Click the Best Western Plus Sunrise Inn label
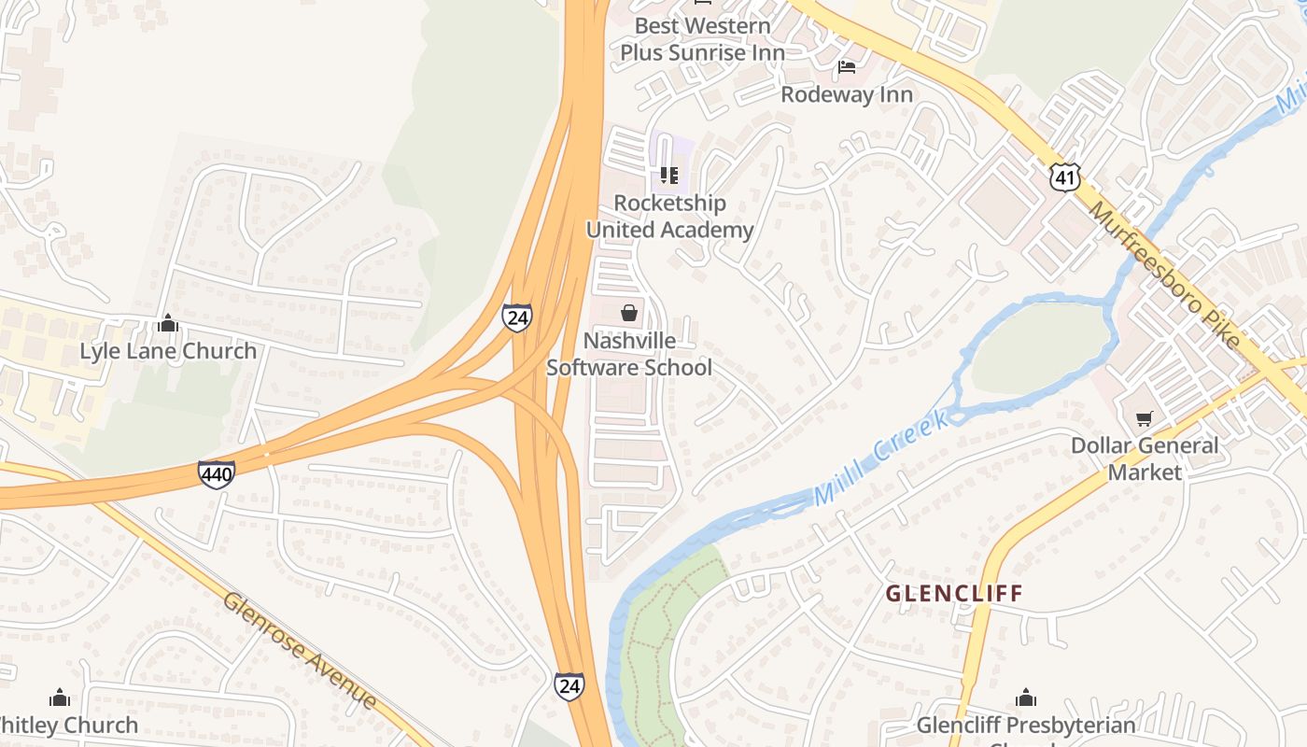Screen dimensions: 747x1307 pos(702,39)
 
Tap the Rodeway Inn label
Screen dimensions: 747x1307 pos(846,94)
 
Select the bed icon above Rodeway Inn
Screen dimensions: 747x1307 pos(847,67)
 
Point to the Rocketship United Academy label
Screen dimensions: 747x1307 pos(668,217)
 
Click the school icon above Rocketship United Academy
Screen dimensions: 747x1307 pos(668,176)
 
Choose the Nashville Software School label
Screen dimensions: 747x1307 pos(628,354)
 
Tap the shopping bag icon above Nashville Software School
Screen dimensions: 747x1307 pos(629,312)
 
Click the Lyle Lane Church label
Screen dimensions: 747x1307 pos(168,351)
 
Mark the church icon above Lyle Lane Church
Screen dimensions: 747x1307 pos(168,323)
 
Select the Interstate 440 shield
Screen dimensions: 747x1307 pos(216,474)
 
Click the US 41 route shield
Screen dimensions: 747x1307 pos(1064,175)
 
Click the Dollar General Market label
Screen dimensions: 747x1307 pos(1145,458)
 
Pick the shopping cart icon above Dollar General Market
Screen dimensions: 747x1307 pos(1145,418)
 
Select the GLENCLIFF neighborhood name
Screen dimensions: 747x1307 pos(954,593)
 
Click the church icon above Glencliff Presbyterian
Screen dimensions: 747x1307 pos(1026,698)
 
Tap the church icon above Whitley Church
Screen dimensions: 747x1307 pos(60,698)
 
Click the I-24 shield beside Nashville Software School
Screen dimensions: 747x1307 pos(516,317)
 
